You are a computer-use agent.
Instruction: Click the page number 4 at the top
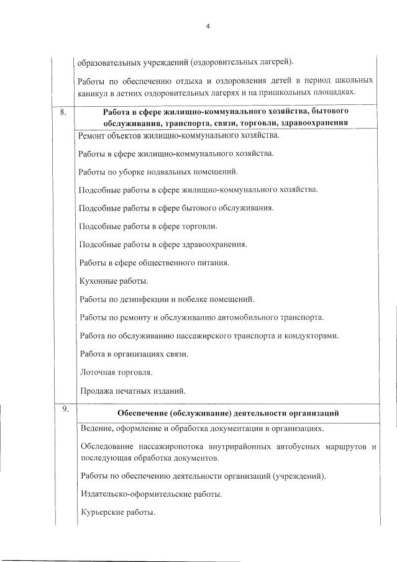pos(209,26)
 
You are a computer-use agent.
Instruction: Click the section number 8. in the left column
pos(62,112)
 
